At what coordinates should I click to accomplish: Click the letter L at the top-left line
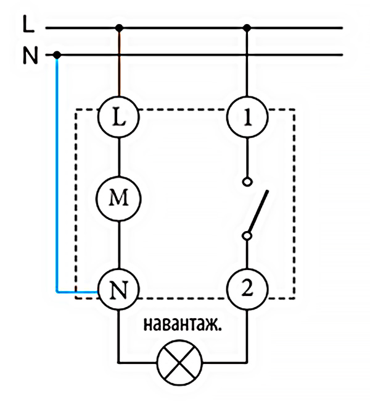click(x=27, y=25)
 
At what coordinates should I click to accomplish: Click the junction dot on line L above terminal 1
click(x=247, y=28)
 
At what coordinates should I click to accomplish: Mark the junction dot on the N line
click(x=57, y=55)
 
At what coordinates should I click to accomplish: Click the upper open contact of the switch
click(x=247, y=182)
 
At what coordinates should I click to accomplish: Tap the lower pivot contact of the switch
click(x=247, y=235)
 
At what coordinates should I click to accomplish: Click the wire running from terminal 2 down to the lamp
click(x=247, y=334)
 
